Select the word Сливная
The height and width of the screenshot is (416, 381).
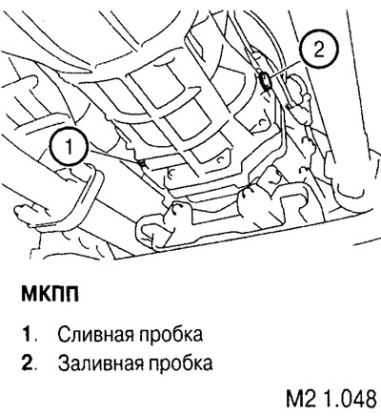(x=93, y=336)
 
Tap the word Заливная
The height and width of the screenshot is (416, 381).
(x=98, y=363)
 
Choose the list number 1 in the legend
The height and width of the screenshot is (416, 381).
(x=28, y=336)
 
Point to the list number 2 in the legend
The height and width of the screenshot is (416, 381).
(x=28, y=363)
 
